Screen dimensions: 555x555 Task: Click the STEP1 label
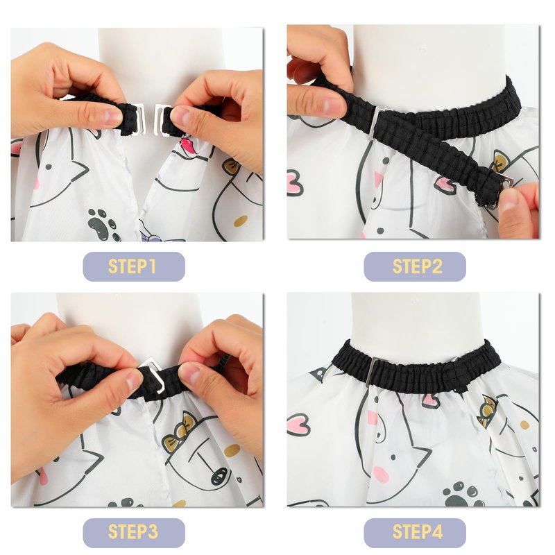point(134,266)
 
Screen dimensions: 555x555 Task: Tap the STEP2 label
point(415,266)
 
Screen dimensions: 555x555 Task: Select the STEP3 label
point(134,532)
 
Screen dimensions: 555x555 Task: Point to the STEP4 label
point(415,532)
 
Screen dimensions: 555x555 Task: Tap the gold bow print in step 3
point(180,430)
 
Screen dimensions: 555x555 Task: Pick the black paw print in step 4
point(461,493)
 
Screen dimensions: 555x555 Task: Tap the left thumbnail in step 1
point(112,117)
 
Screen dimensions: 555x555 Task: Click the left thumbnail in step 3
point(134,379)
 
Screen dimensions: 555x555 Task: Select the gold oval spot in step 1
point(241,221)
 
